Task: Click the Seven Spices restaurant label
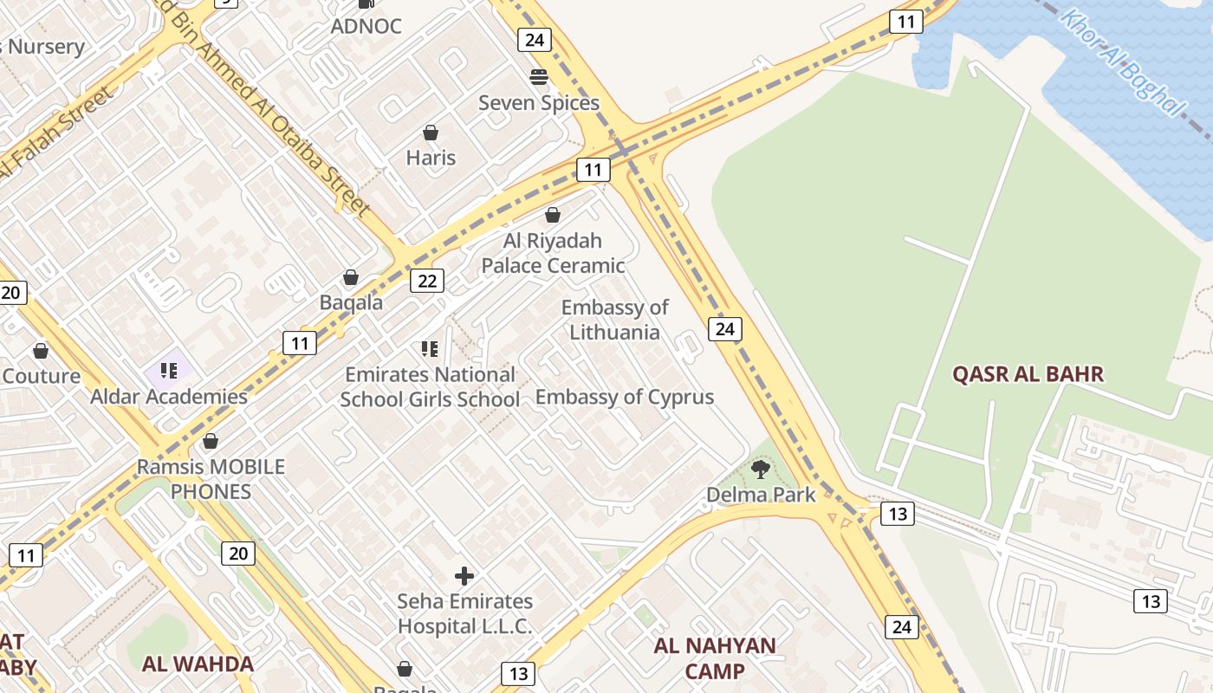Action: coord(539,103)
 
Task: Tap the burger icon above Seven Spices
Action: coord(539,77)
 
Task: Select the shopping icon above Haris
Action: coord(431,133)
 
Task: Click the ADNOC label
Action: coord(366,26)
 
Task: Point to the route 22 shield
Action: coord(427,281)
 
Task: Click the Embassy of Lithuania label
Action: coord(614,320)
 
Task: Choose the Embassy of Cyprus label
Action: coord(625,397)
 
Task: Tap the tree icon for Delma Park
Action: coord(761,470)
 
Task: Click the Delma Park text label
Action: coord(762,495)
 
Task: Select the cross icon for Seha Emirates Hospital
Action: coord(464,576)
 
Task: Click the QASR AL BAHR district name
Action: coord(1028,374)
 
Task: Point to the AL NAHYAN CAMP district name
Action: coord(715,658)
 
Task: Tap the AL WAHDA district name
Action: coord(198,664)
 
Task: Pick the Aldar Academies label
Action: coord(169,397)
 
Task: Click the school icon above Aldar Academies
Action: coord(169,371)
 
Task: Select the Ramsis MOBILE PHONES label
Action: coord(211,479)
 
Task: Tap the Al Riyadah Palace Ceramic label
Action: coord(553,253)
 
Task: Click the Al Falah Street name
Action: coord(56,134)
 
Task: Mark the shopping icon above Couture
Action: coord(41,351)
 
